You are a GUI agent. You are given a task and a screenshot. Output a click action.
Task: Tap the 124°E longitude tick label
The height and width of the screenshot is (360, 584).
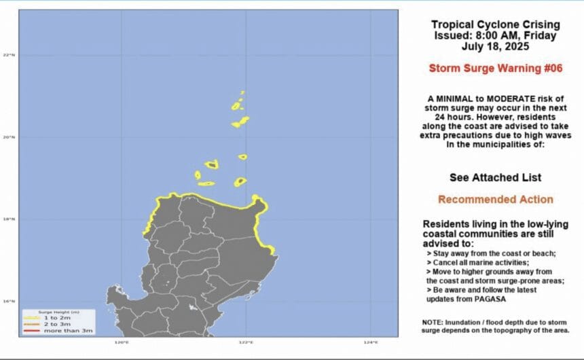coord(370,342)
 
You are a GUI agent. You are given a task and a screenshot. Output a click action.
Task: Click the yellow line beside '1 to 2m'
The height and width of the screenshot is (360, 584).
coord(31,318)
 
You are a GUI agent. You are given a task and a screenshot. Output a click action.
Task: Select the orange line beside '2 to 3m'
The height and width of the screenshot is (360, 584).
coord(31,324)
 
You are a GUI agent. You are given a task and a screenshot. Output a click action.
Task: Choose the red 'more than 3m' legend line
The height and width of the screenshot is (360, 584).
coord(31,331)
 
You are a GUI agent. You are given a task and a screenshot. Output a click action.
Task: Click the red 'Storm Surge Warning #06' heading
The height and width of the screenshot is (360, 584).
coord(495,68)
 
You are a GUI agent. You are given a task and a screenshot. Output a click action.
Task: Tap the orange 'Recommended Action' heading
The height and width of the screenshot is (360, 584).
coord(495,200)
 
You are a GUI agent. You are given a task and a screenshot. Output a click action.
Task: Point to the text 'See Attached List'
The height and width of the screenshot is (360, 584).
coord(495,177)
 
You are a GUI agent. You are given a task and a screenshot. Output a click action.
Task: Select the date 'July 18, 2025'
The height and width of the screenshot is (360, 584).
coord(495,47)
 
